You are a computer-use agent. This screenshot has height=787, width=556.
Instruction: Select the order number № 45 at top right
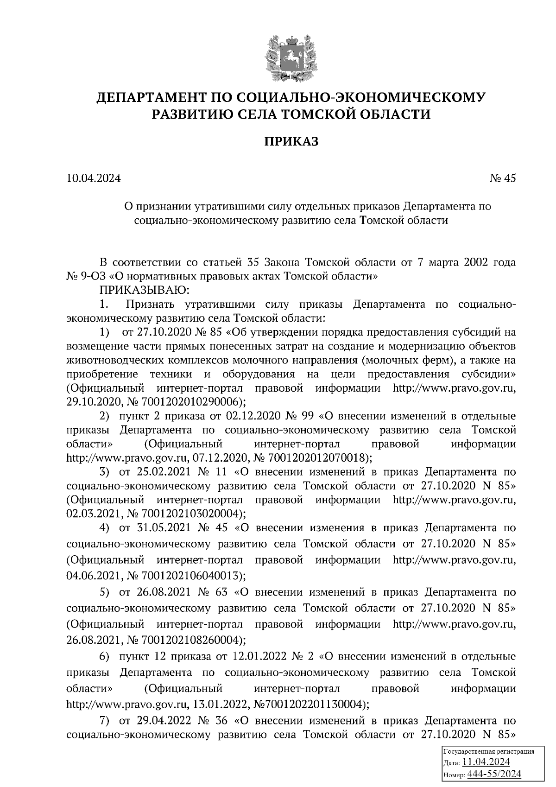click(502, 178)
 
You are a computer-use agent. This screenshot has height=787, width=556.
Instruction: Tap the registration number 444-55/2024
click(494, 774)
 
